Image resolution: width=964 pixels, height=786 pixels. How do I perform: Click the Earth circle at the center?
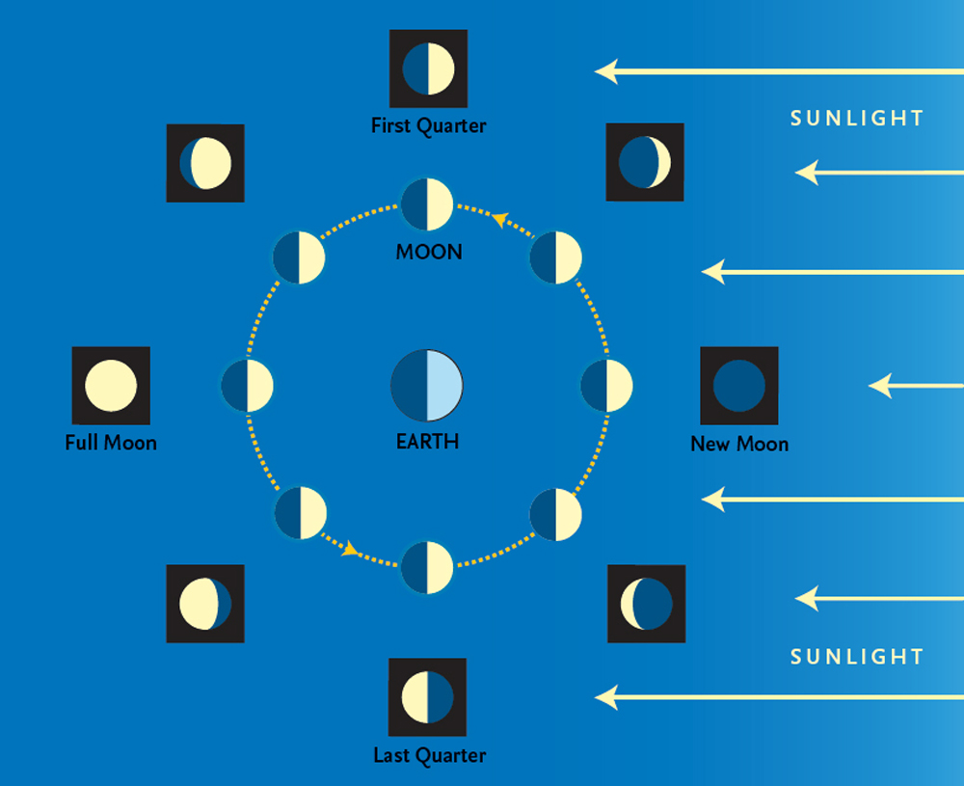coord(427,385)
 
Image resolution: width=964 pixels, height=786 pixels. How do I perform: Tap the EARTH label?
coord(427,443)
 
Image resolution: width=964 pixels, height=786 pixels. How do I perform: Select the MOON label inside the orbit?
coord(429,252)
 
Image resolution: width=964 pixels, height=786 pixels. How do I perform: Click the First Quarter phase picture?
coord(428,68)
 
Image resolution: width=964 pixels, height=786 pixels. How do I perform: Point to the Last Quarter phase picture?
coord(427,697)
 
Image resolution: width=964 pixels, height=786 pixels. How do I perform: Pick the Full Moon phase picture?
coord(111,386)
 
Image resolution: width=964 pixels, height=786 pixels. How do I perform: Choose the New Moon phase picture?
coord(739,386)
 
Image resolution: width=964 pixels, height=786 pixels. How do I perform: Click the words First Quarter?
coord(428,125)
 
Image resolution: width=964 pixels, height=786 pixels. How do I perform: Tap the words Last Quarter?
coord(429,755)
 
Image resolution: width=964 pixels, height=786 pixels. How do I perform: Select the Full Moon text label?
coord(111,444)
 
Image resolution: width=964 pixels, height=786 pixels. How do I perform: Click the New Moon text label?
coord(739,444)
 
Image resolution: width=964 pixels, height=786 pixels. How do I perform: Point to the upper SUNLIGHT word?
coord(857,119)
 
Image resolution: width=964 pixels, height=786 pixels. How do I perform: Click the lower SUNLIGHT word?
coord(857,657)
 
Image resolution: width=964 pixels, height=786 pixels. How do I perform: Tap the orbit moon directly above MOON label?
coord(427,203)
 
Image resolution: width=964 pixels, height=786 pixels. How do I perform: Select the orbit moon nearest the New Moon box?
coord(606,386)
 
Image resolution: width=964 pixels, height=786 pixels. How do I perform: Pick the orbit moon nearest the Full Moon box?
coord(247,386)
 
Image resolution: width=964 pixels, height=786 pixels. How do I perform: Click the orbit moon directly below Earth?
coord(427,567)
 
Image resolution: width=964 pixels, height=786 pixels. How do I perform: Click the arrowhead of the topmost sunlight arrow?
coord(605,70)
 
